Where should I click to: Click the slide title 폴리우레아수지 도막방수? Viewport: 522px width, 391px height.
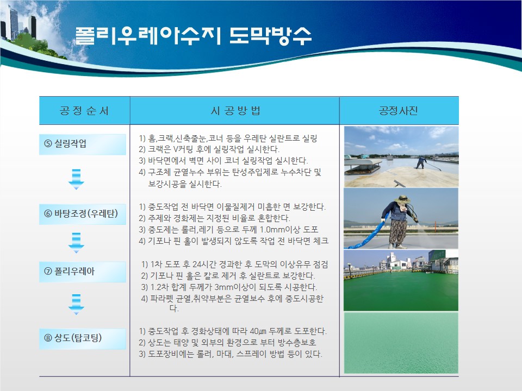point(193,36)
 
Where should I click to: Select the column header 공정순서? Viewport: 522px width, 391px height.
point(84,110)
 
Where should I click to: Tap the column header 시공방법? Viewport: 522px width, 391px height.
point(235,110)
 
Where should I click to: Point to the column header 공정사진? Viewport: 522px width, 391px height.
point(399,110)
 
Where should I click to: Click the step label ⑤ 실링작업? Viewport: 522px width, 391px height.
point(65,143)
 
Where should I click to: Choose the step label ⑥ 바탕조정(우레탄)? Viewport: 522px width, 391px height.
point(81,213)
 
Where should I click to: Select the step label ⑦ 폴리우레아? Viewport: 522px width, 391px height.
point(69,272)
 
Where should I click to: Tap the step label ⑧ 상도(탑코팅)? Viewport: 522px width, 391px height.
point(73,338)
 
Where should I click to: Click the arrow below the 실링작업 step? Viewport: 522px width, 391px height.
point(76,179)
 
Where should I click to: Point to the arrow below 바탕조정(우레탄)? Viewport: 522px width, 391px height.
point(76,243)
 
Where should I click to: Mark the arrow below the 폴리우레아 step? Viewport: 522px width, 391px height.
point(76,304)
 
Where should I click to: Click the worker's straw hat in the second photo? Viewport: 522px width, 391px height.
point(402,199)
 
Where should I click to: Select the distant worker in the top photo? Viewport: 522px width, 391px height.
point(421,162)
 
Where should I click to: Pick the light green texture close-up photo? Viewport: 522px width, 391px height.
point(401,343)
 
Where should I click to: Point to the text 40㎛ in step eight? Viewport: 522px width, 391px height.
point(258,331)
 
